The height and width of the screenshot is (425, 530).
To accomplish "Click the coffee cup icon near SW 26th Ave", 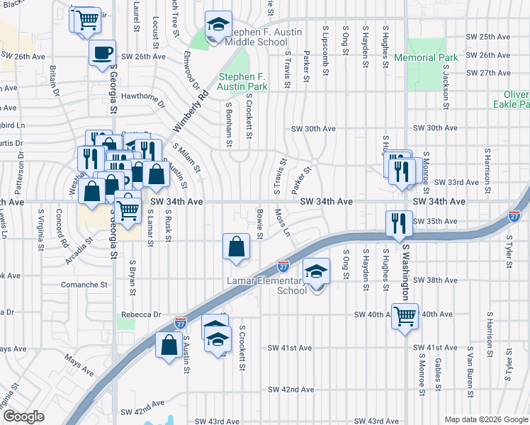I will (103, 52).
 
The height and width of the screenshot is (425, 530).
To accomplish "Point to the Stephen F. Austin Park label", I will (243, 82).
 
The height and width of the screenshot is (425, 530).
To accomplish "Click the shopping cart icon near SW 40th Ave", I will (405, 316).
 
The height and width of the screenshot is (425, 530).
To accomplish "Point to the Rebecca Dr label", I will (141, 314).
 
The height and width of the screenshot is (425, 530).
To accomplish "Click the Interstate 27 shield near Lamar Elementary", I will (283, 266).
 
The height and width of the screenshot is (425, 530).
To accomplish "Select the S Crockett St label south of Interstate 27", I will (242, 348).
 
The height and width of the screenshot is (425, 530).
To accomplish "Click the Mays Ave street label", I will (79, 365).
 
